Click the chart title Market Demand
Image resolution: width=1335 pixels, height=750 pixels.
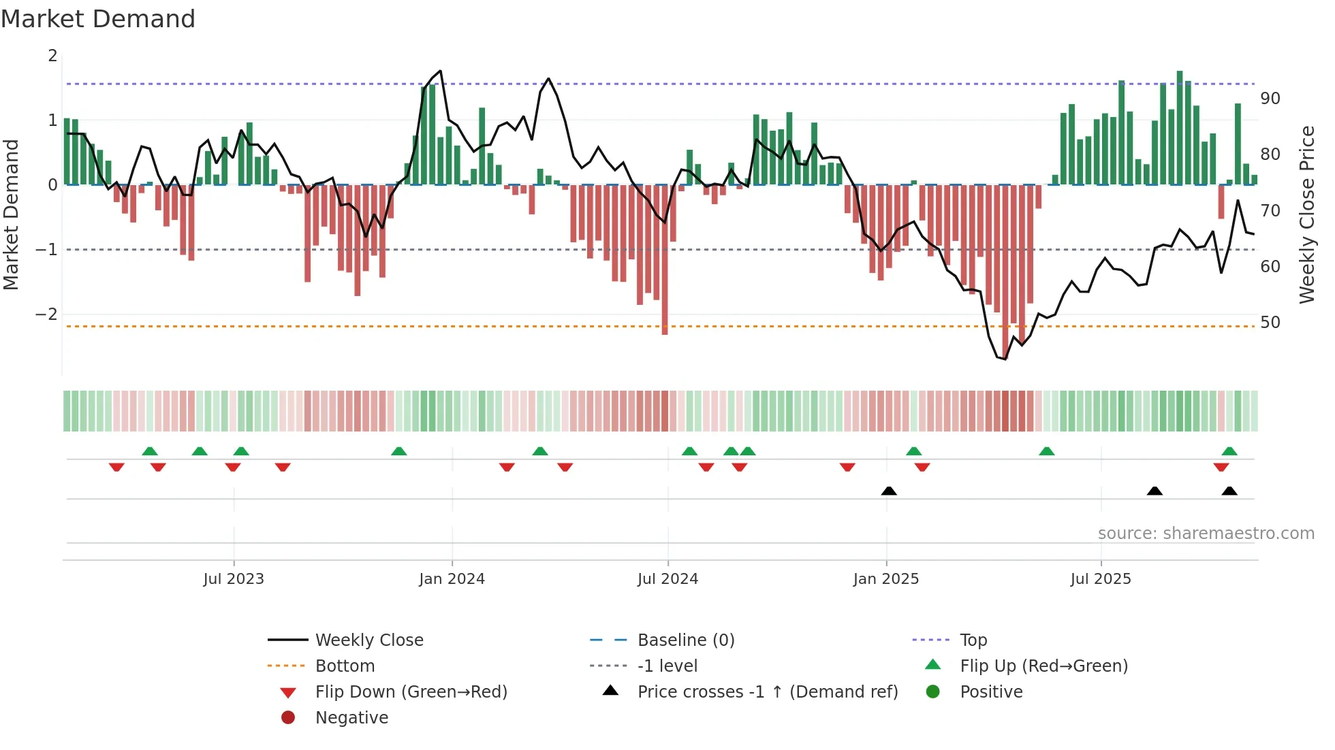[x=98, y=19]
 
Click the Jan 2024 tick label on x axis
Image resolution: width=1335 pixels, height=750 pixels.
[x=452, y=579]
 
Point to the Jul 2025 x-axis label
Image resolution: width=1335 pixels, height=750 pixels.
[x=1100, y=579]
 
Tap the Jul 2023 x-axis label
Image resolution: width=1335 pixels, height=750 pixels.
[x=233, y=579]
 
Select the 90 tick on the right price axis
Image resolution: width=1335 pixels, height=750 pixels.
[x=1270, y=99]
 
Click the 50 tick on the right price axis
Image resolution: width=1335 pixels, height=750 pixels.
[x=1270, y=323]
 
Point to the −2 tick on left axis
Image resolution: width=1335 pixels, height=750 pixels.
[x=46, y=314]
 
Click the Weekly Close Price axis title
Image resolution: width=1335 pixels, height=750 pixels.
[x=1306, y=214]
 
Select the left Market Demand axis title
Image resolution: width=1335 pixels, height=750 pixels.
[x=11, y=214]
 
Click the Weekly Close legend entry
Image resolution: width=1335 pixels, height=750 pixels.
[x=368, y=640]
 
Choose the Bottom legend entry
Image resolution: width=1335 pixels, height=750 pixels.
[x=345, y=666]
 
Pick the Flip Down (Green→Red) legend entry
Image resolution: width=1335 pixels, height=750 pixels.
[x=411, y=692]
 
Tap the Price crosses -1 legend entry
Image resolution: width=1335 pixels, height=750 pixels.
[x=767, y=692]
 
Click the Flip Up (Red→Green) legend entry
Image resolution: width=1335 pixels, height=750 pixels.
[x=1043, y=666]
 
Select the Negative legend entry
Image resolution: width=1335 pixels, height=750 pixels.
[x=351, y=718]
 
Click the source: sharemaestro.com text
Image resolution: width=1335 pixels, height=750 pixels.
[x=1206, y=534]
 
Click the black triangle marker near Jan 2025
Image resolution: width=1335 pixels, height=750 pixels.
[x=889, y=491]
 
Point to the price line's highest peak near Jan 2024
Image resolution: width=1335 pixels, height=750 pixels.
[x=441, y=71]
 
